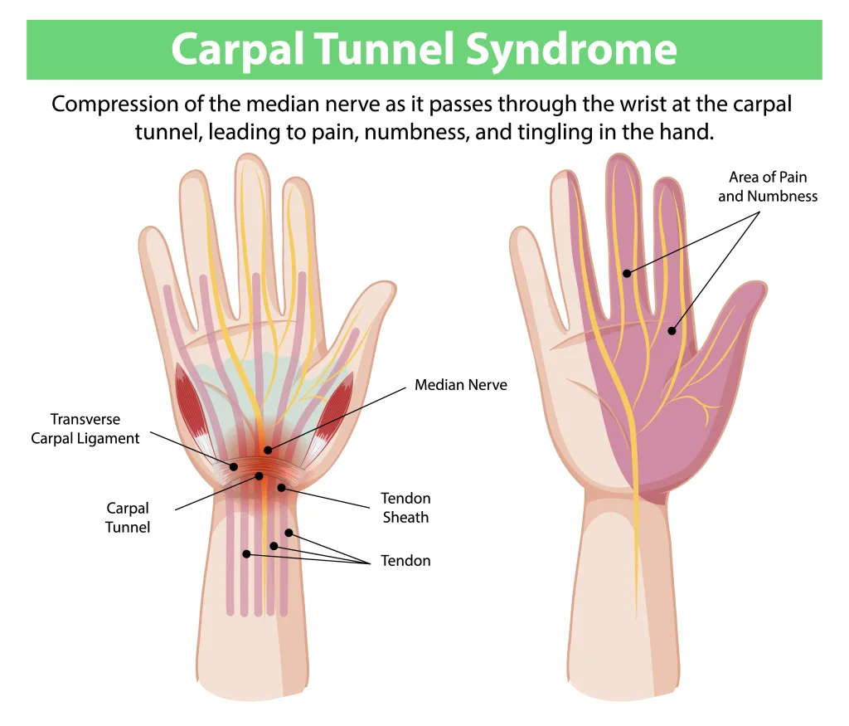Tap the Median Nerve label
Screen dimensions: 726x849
[x=460, y=385]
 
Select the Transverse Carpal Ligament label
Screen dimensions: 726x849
[x=85, y=429]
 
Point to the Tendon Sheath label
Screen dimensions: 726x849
[x=405, y=508]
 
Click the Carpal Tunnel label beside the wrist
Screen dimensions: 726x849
[x=128, y=517]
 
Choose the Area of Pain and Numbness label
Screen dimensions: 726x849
[x=768, y=187]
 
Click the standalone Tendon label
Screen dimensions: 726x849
[x=405, y=561]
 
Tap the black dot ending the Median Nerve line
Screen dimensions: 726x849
[x=267, y=450]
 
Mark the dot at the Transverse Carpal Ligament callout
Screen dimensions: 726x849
[x=234, y=467]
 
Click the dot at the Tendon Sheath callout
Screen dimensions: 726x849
[x=282, y=488]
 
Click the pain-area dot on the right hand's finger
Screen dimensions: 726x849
[x=627, y=272]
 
